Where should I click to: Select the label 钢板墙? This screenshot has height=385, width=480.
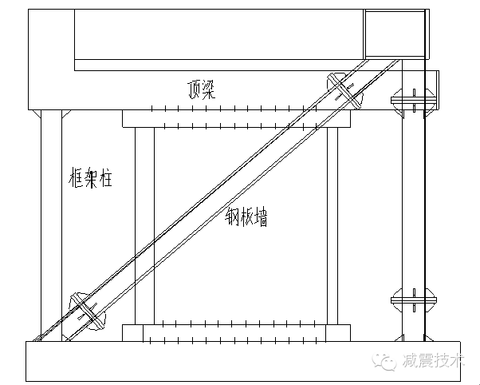(x=246, y=216)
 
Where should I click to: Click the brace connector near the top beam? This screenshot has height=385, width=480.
(x=344, y=89)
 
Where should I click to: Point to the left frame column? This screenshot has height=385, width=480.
(x=51, y=224)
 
